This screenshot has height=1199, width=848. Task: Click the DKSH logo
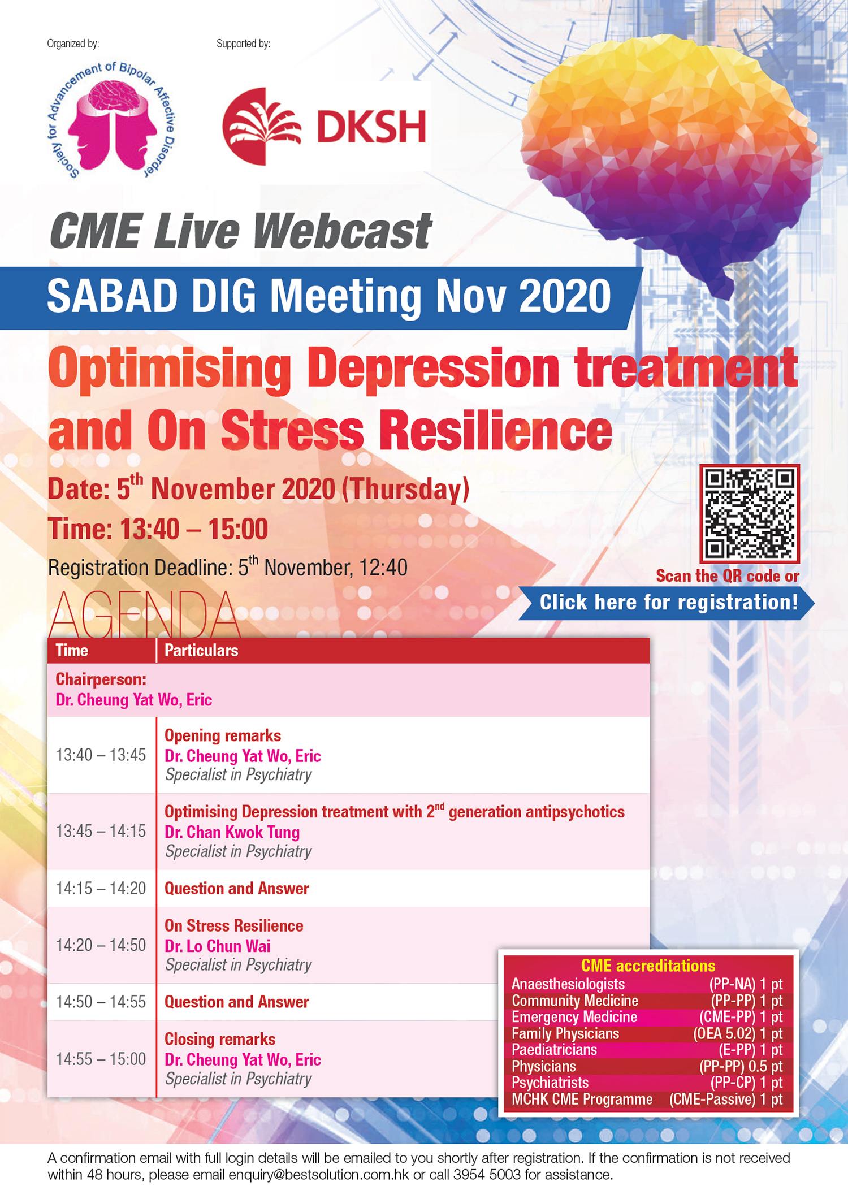point(324,126)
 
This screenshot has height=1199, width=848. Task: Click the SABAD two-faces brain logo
point(111,120)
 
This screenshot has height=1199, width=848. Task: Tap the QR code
point(750,514)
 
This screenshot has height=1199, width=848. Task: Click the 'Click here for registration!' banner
point(667,603)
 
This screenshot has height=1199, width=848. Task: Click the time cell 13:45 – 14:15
point(101,832)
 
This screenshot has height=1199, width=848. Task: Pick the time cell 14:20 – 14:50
point(101,945)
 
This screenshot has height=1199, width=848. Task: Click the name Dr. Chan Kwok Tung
point(232,832)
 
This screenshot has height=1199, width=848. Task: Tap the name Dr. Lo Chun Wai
point(217,946)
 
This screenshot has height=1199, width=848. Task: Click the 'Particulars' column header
point(201,651)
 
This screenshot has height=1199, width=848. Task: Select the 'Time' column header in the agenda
point(72,651)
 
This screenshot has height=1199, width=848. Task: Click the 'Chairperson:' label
point(101,679)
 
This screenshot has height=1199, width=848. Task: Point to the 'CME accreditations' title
point(648,966)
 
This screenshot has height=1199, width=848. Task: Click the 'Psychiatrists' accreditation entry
point(550,1083)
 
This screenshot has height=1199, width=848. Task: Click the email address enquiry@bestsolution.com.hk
point(319,1175)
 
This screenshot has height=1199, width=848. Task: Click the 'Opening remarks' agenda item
point(223,735)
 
